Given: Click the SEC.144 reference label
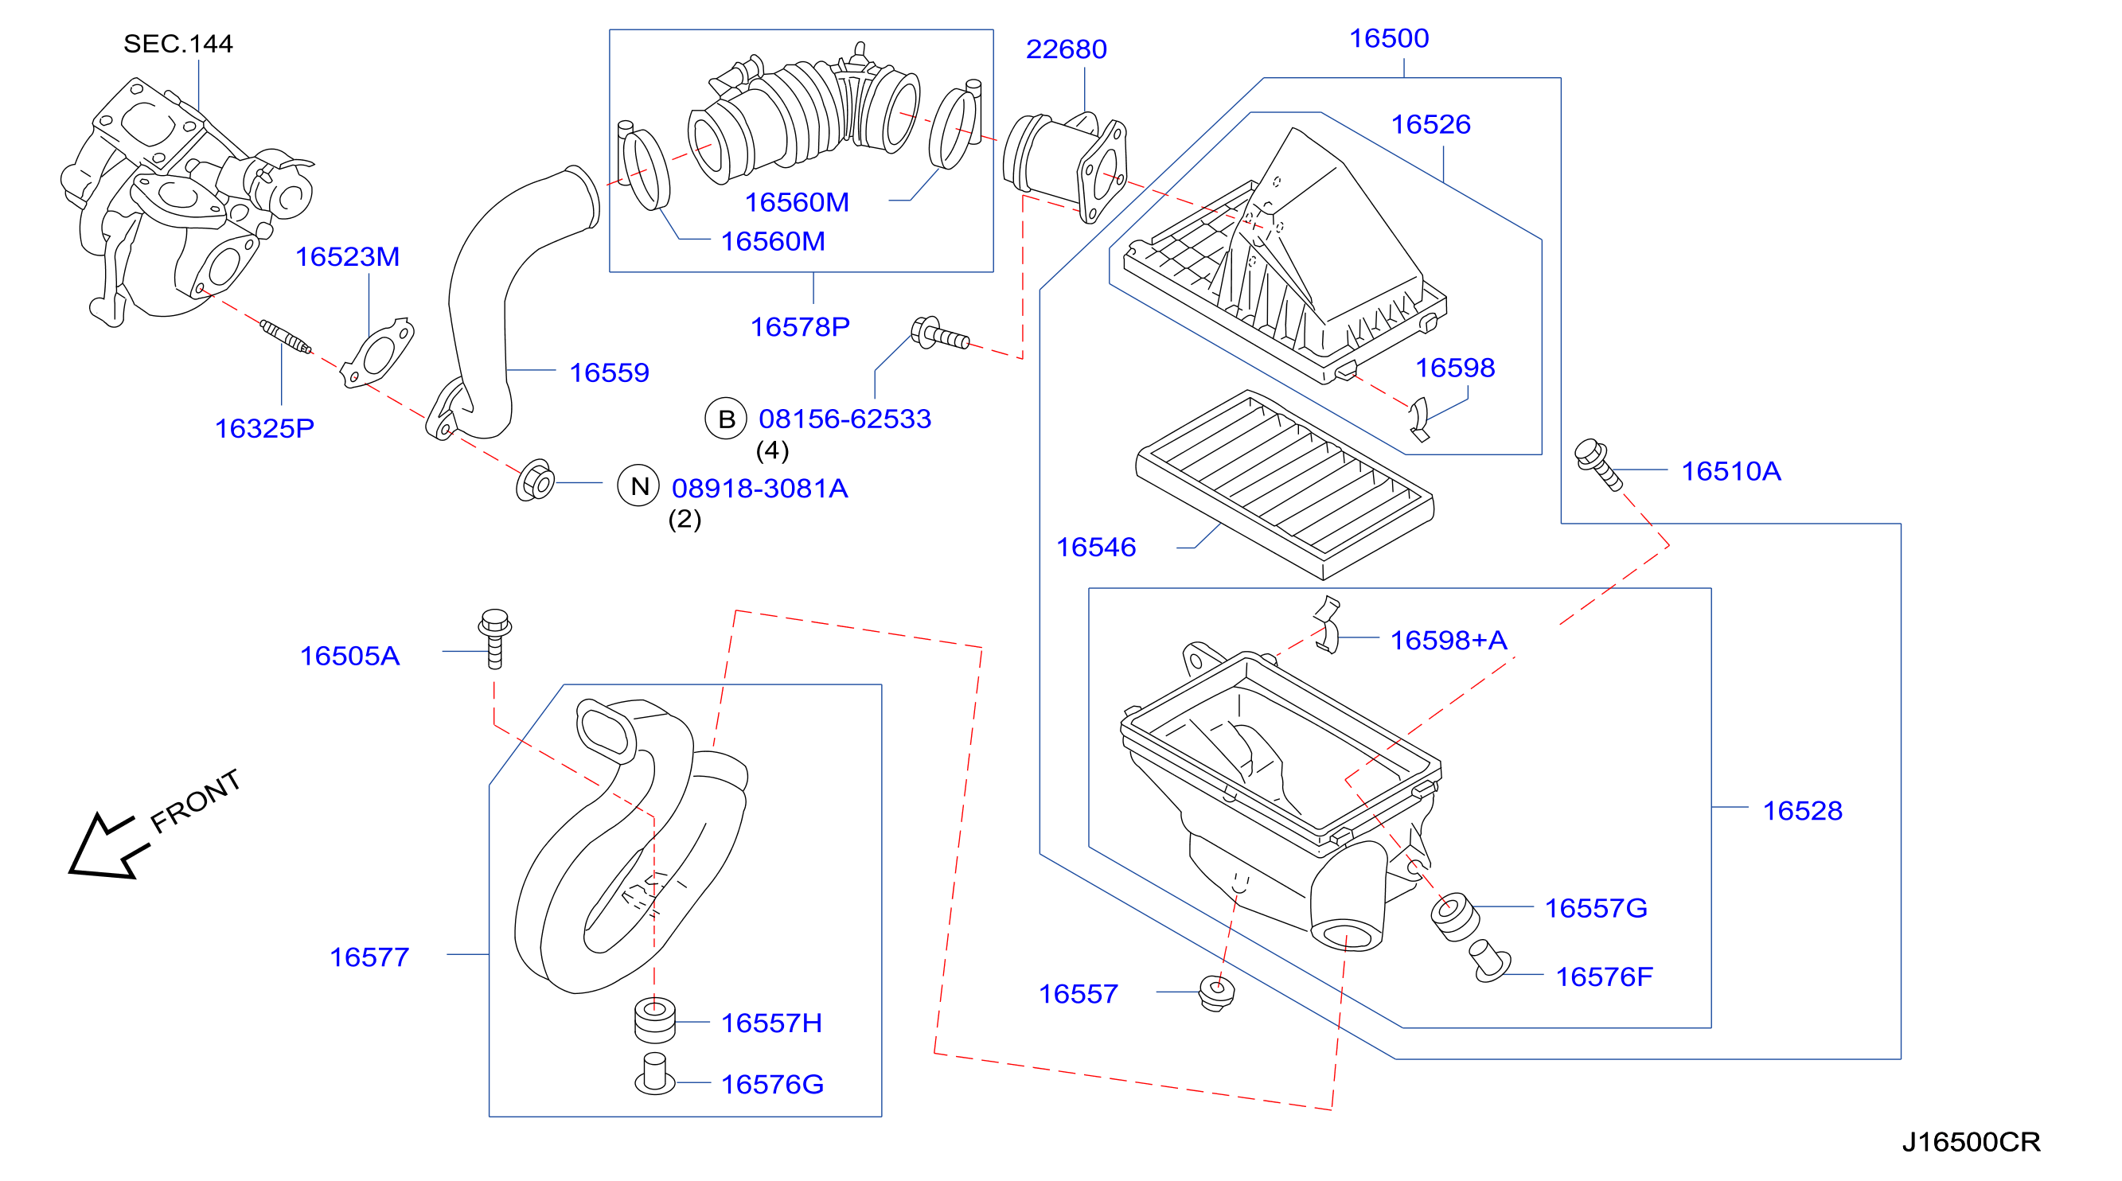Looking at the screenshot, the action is click(x=178, y=44).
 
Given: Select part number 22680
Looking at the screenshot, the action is click(x=1066, y=49).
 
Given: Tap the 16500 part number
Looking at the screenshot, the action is click(x=1389, y=39).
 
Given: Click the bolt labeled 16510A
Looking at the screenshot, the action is click(x=1598, y=464).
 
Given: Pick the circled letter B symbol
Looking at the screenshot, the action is click(x=726, y=419).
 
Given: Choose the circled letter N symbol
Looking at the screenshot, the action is click(x=638, y=487).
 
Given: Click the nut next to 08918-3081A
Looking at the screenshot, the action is click(x=536, y=480).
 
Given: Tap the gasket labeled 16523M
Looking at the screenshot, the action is click(x=377, y=353).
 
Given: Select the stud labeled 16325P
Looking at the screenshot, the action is click(x=286, y=337).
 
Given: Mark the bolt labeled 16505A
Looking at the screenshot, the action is click(x=495, y=638).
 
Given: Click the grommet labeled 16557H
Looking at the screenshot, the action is click(x=655, y=1020).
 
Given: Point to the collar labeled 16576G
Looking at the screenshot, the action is click(x=655, y=1074).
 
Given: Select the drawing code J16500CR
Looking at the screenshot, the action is click(x=1972, y=1142).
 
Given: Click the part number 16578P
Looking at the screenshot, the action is click(x=800, y=328).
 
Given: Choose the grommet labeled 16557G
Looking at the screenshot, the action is click(x=1455, y=916).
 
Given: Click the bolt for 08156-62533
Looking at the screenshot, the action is click(x=939, y=333).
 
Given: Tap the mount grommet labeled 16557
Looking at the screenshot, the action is click(x=1217, y=992).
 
